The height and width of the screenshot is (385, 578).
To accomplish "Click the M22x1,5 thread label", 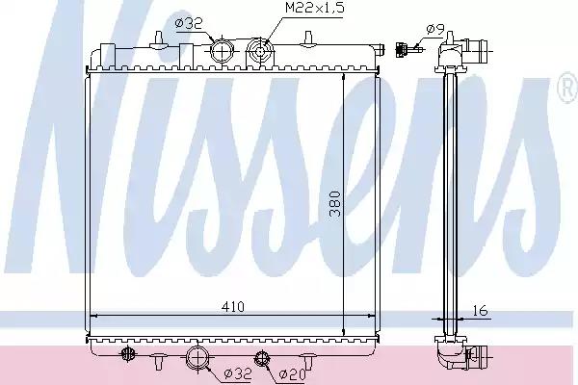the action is coord(314,8).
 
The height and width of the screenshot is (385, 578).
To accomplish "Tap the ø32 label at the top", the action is coord(189,24).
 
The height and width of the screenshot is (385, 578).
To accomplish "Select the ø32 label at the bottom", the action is coord(238,373).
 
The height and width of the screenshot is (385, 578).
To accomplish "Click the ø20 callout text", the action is coord(292,374).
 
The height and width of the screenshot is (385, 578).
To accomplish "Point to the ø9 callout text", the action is coord(435,29).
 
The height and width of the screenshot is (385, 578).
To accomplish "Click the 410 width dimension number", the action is coord(233,306).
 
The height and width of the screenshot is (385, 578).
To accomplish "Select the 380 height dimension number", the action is coord(334,203).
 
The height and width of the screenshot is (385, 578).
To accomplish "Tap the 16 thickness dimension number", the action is coord(480,311).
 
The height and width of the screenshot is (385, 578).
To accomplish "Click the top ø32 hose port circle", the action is coord(222,51).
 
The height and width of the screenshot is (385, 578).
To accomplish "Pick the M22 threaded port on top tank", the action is coord(260,52).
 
